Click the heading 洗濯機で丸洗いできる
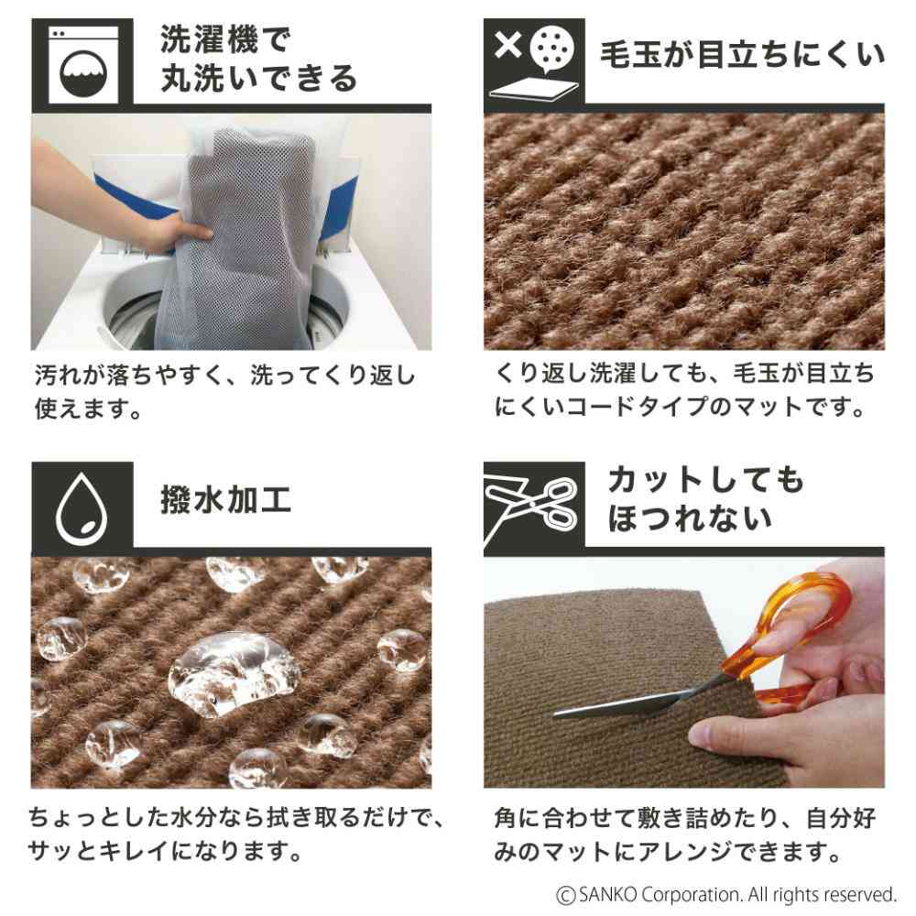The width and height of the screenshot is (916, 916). click(x=258, y=60)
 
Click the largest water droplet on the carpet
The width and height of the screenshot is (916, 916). click(x=234, y=673)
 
